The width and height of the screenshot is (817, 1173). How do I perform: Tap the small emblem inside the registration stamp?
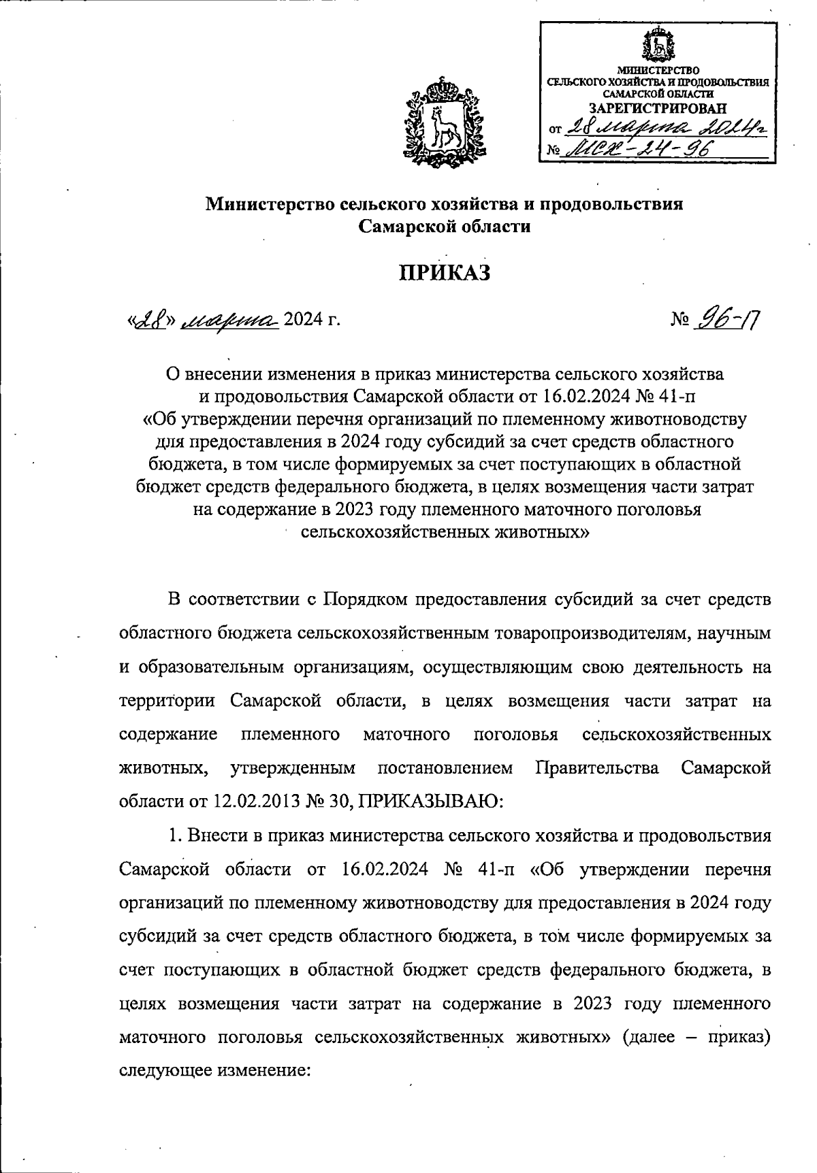coord(658,45)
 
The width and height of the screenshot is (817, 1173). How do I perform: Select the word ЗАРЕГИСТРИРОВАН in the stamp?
coord(657,108)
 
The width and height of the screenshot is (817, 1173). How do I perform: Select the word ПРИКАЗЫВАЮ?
coord(431,801)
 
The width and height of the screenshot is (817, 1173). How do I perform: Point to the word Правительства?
coord(597,768)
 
